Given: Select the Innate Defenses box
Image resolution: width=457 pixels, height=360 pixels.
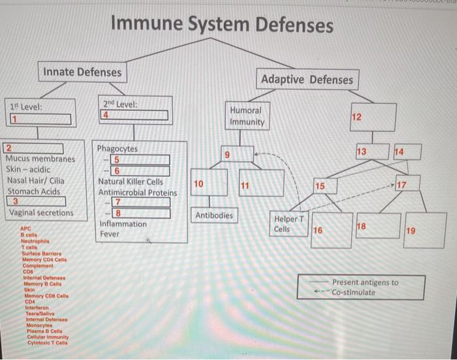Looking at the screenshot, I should pyautogui.click(x=82, y=72).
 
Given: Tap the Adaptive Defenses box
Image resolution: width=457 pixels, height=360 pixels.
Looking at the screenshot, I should pyautogui.click(x=307, y=80).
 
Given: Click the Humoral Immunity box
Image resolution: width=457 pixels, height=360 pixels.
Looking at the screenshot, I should pyautogui.click(x=246, y=116).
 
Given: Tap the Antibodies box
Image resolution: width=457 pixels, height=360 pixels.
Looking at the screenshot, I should pyautogui.click(x=213, y=215).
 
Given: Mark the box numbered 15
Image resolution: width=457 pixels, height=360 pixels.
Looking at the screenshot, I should pyautogui.click(x=327, y=187).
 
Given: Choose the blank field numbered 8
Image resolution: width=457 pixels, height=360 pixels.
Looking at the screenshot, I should pyautogui.click(x=140, y=213).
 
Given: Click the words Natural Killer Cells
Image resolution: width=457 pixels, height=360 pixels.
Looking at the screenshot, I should pyautogui.click(x=131, y=181).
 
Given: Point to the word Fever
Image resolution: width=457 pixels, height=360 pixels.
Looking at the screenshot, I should pyautogui.click(x=109, y=234).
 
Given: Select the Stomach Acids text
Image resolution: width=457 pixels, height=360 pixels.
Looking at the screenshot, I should pyautogui.click(x=34, y=191).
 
